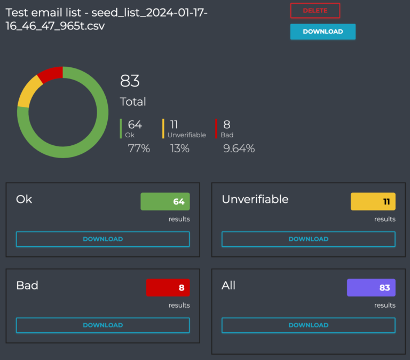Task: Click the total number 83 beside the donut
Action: click(130, 81)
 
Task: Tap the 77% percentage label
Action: click(139, 148)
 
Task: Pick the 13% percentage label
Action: click(180, 148)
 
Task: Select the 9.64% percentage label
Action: click(239, 148)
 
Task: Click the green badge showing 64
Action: click(165, 201)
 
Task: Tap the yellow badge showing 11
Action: click(373, 201)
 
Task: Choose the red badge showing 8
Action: click(168, 287)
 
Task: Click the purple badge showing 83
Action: click(371, 287)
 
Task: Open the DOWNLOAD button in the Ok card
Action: click(102, 239)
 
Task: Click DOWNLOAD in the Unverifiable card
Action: click(308, 239)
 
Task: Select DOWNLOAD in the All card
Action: click(308, 325)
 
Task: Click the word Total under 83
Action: click(133, 101)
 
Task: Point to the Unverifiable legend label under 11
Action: click(186, 135)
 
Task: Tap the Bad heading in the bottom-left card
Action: click(27, 285)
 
